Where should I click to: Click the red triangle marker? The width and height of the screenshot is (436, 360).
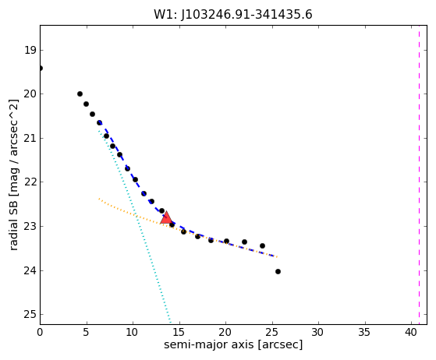[x=166, y=217]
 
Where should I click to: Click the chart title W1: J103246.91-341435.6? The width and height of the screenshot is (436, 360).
[x=233, y=15]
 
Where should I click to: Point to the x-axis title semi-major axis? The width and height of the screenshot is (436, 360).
[x=209, y=344]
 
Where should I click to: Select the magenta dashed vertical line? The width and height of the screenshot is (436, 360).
[x=419, y=175]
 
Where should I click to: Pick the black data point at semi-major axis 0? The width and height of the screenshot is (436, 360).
[x=41, y=69]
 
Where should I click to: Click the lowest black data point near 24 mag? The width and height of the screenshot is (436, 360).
[x=278, y=271]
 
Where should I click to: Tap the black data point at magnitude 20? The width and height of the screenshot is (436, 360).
[x=80, y=94]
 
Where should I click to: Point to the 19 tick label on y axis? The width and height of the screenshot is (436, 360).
[x=30, y=51]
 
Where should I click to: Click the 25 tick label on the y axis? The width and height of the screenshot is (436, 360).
[x=30, y=315]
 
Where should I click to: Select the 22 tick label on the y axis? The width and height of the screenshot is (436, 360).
[x=30, y=182]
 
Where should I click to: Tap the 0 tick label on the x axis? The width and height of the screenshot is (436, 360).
[x=40, y=332]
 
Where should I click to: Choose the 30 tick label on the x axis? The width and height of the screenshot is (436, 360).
[x=318, y=332]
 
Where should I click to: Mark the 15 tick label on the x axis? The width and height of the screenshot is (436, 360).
[x=179, y=332]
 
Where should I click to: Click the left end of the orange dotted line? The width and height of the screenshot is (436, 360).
[x=99, y=199]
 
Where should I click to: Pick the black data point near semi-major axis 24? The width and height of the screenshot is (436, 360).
[x=262, y=245]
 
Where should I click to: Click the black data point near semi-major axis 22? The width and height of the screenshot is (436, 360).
[x=244, y=242]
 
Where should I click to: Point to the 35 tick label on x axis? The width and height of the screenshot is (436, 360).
[x=365, y=332]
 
